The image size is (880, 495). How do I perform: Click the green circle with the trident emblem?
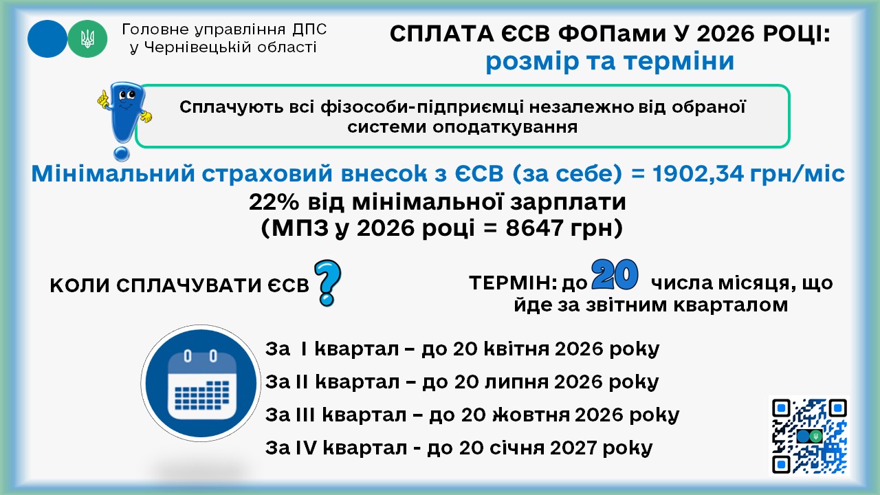87,39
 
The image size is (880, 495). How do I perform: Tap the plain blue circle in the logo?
47,39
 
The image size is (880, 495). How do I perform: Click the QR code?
809,436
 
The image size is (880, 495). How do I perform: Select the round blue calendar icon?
201,384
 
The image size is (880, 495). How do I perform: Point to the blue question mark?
327,283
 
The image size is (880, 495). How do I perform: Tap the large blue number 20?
615,274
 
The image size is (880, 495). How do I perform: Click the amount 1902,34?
698,173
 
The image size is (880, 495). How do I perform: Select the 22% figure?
274,202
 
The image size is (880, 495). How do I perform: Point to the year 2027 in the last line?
573,448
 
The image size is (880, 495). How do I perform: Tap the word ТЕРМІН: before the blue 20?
513,283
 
